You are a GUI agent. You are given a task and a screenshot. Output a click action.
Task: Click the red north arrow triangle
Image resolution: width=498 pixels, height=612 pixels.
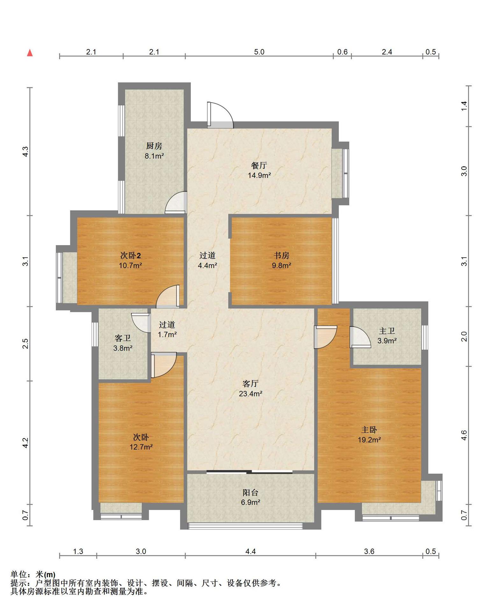30,53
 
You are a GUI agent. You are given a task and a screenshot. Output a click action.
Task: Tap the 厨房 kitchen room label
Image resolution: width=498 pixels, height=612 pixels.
154,146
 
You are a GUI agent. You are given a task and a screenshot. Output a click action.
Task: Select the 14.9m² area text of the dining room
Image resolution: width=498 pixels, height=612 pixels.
260,175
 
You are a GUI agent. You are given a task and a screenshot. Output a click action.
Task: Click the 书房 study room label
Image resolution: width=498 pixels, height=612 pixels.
281,255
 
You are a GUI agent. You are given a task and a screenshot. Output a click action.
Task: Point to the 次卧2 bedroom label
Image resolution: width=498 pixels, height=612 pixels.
131,255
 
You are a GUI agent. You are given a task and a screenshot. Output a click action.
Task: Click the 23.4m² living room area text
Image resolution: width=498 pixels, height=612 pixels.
251,394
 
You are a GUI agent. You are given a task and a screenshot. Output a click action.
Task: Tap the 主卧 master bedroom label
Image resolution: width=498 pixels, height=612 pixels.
369,430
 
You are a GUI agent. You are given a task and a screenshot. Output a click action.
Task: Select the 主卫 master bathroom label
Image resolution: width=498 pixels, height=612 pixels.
387,331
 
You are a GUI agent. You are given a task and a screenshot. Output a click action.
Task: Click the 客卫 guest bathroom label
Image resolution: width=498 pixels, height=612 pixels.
123,338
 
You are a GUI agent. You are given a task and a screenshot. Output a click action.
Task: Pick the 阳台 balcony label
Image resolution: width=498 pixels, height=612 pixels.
251,493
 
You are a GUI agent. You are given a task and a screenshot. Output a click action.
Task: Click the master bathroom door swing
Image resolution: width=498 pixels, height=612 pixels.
360,337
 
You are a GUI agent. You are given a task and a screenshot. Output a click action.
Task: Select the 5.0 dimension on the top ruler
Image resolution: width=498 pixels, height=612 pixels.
259,52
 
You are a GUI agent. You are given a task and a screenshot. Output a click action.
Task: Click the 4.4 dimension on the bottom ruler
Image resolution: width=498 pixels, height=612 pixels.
251,551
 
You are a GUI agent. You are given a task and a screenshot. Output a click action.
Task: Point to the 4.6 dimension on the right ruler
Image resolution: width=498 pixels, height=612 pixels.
464,435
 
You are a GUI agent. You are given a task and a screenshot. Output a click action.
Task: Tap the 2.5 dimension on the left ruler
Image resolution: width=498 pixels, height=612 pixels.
26,344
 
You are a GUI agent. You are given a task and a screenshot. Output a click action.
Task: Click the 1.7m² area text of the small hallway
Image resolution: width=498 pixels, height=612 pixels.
167,335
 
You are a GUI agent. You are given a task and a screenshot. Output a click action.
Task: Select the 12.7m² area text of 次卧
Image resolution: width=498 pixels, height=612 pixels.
141,447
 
